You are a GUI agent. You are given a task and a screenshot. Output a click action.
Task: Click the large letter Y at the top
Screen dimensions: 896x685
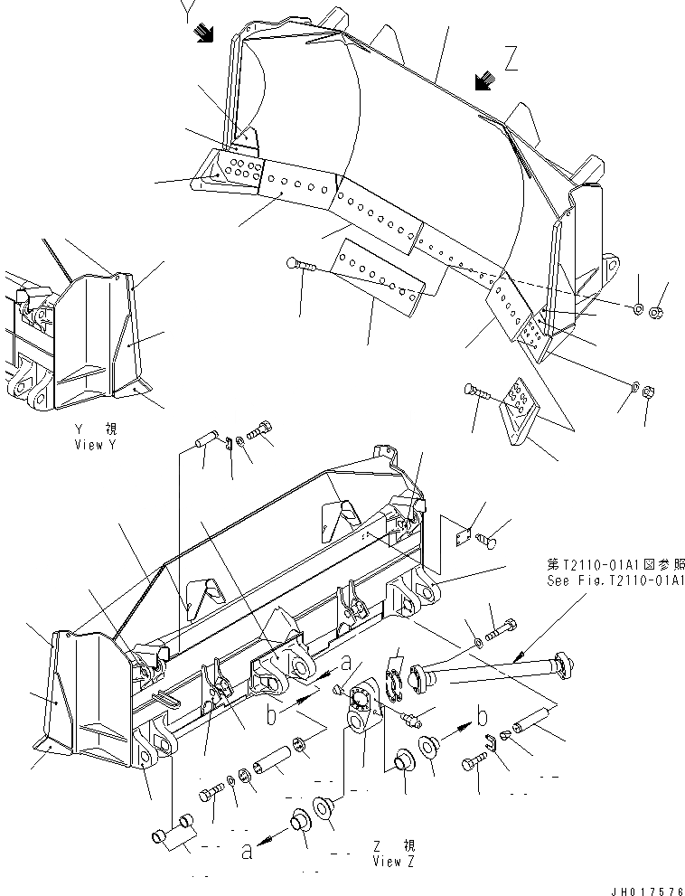pyautogui.click(x=186, y=12)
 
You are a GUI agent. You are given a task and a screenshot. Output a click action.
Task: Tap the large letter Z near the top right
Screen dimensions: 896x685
pyautogui.click(x=511, y=61)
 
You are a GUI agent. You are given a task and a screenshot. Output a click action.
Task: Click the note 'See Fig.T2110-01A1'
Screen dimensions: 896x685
pyautogui.click(x=614, y=580)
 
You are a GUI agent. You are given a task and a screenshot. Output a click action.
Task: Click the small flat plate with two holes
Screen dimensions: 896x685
pyautogui.click(x=462, y=535)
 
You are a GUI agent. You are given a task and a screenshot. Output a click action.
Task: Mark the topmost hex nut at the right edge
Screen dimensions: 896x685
pyautogui.click(x=657, y=314)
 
